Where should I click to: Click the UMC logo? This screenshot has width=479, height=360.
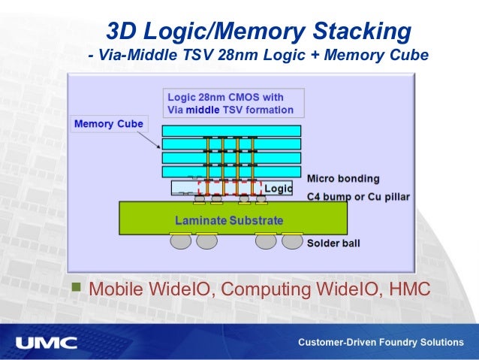click(x=46, y=343)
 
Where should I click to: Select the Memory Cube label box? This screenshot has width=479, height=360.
click(x=108, y=123)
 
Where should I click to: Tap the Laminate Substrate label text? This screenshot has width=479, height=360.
click(x=229, y=220)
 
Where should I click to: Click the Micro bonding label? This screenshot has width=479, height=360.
click(x=343, y=179)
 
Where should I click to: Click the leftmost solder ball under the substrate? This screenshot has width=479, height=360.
click(x=180, y=242)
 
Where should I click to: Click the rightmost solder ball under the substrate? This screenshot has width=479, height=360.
click(x=292, y=242)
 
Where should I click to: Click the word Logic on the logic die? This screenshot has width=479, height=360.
click(x=277, y=188)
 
